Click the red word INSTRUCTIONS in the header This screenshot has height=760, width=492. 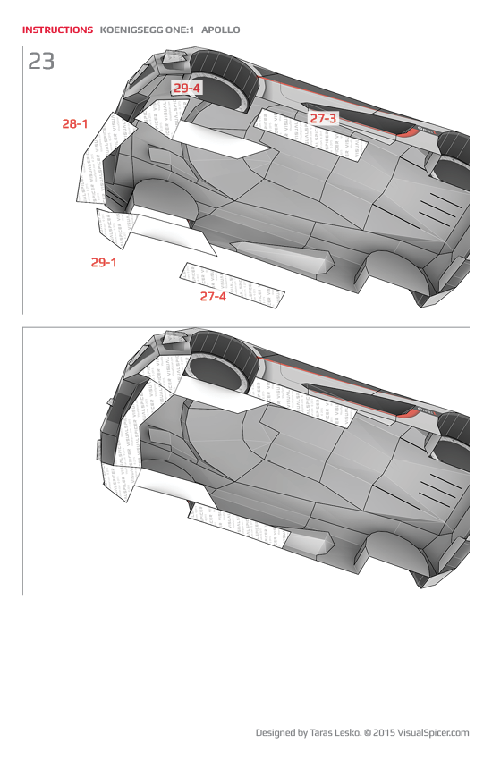(x=57, y=30)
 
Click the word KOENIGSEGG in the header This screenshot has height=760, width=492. (x=131, y=30)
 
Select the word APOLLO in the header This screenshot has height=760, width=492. (x=220, y=30)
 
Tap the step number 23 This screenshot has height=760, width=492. (x=41, y=61)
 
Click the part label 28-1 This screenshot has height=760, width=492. (x=74, y=124)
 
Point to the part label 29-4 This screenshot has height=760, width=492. (x=187, y=88)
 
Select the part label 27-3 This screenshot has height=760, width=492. (x=323, y=118)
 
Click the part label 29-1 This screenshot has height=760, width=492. (x=104, y=262)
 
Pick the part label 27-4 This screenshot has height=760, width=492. (x=213, y=296)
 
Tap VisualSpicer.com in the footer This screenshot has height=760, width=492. (x=433, y=733)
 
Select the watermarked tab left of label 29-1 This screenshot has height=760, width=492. (x=115, y=228)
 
